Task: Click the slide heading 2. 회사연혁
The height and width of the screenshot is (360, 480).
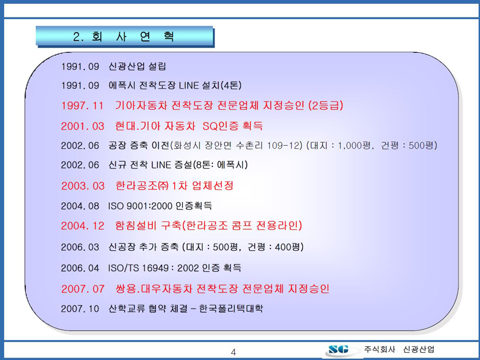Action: [x=124, y=37]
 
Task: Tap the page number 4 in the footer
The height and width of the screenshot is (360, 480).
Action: [x=233, y=352]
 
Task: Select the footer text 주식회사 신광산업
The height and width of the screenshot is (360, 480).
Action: [x=399, y=349]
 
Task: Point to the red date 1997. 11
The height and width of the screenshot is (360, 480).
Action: [x=82, y=106]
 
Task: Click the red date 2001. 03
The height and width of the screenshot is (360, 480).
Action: [x=83, y=126]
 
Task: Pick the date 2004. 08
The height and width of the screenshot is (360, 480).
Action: [x=80, y=206]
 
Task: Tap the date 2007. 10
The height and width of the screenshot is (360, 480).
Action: [x=80, y=308]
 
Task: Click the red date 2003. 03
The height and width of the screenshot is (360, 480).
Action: [x=83, y=186]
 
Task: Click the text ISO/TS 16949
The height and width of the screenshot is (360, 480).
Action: [x=138, y=268]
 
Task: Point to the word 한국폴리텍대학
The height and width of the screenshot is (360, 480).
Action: [x=231, y=308]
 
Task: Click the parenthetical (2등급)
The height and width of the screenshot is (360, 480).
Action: [x=326, y=106]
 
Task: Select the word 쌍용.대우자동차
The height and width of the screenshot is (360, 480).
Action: [x=154, y=289]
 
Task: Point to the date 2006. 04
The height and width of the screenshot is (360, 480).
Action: [x=80, y=268]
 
